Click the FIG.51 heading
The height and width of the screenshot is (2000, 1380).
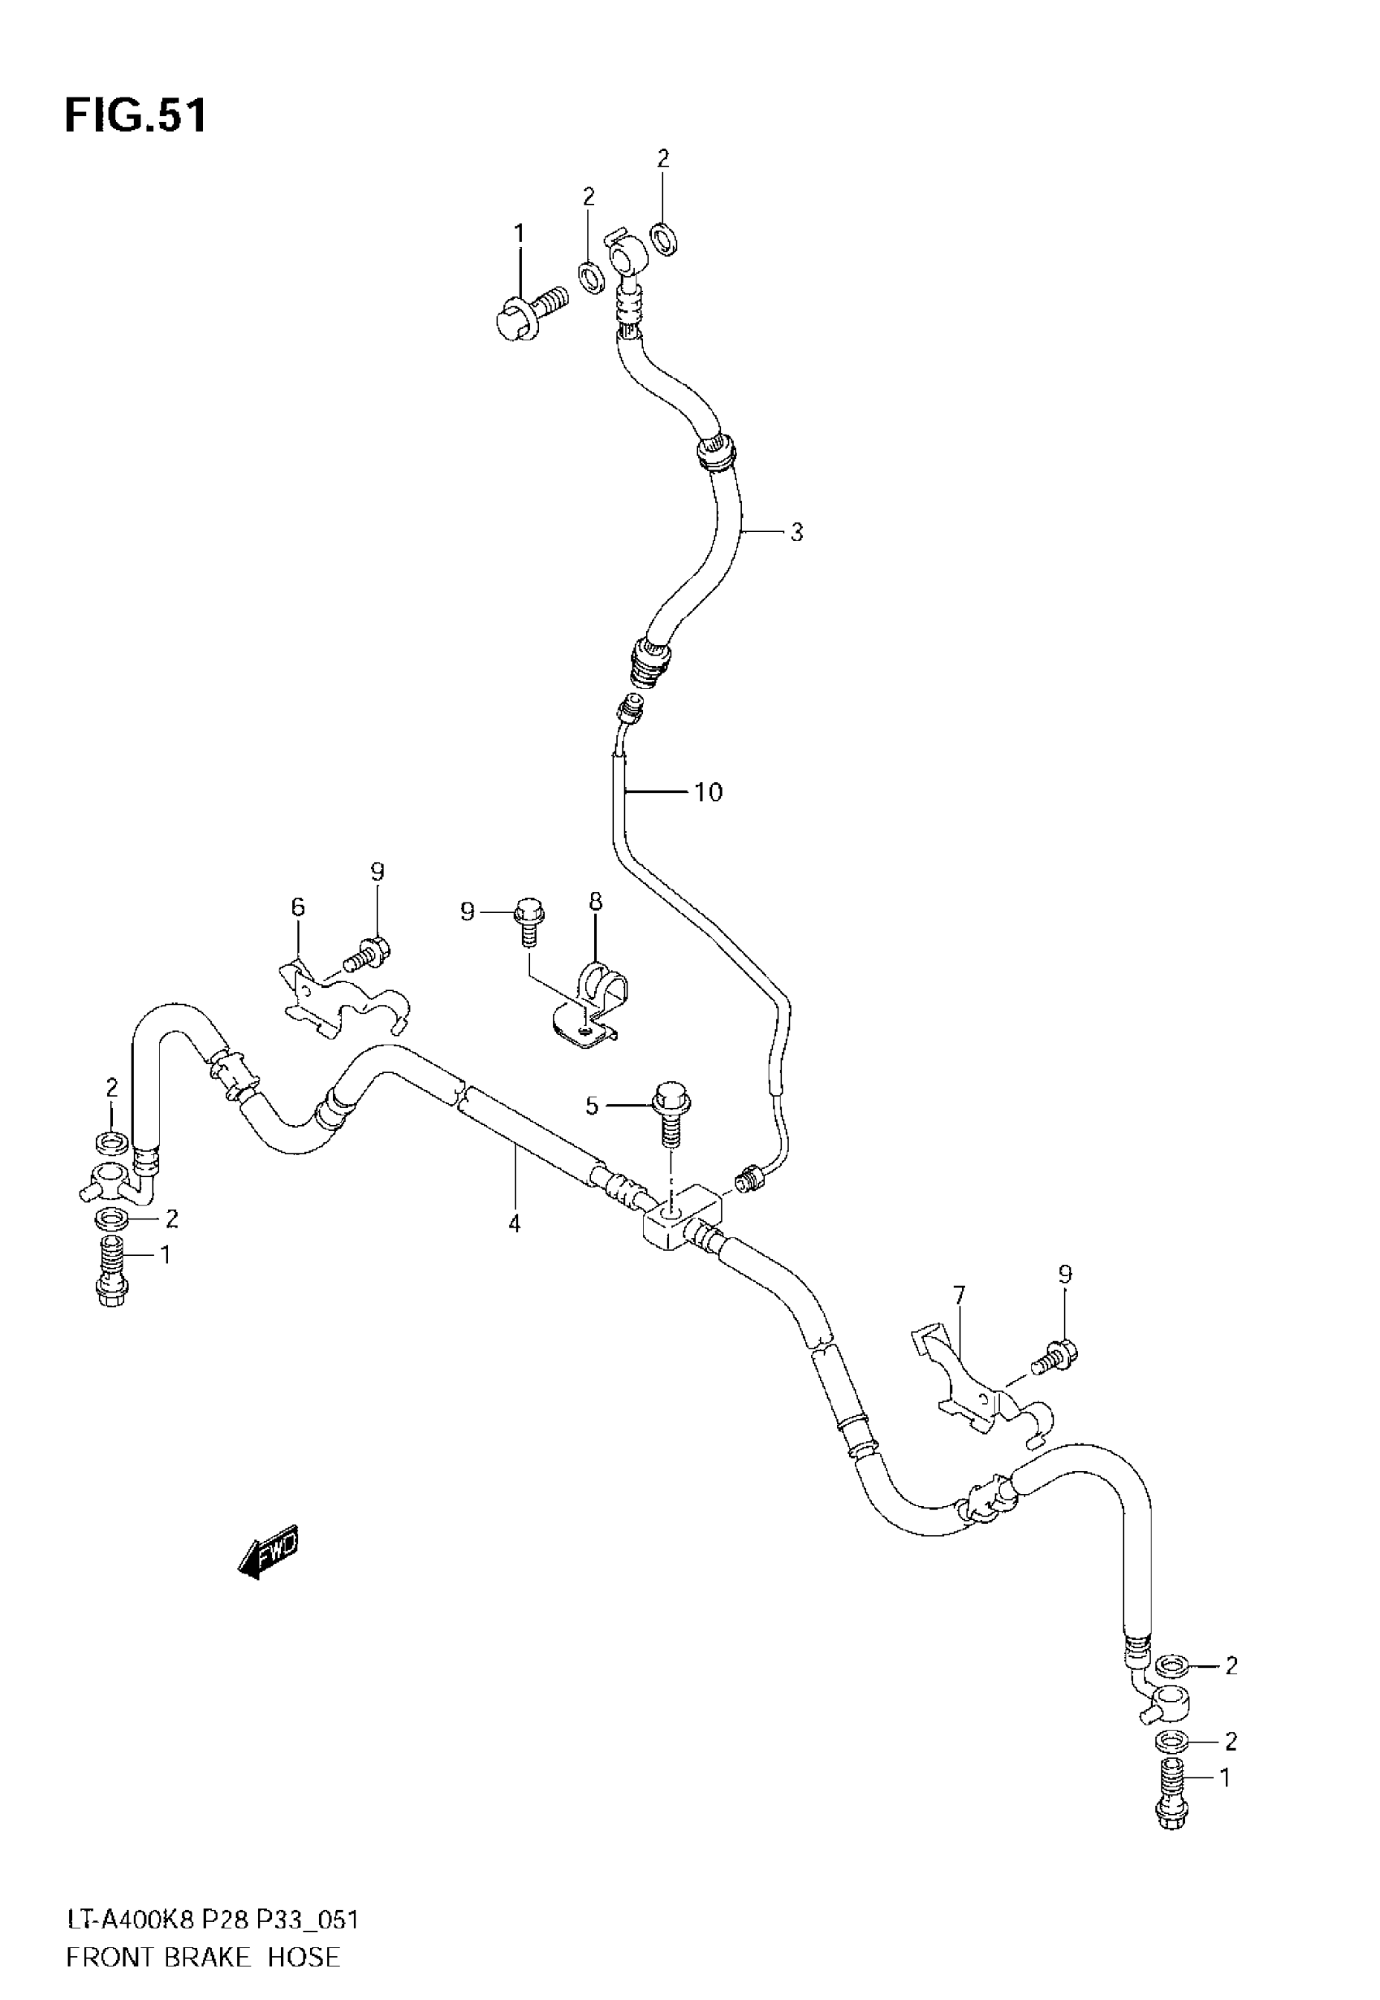pos(136,115)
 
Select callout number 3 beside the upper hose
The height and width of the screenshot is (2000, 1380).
pos(796,533)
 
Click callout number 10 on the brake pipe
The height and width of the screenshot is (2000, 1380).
pos(708,791)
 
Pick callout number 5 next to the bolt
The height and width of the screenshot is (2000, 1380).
pos(592,1106)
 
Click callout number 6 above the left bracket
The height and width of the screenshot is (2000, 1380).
pos(297,907)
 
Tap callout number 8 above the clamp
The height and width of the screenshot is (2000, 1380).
pos(596,902)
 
